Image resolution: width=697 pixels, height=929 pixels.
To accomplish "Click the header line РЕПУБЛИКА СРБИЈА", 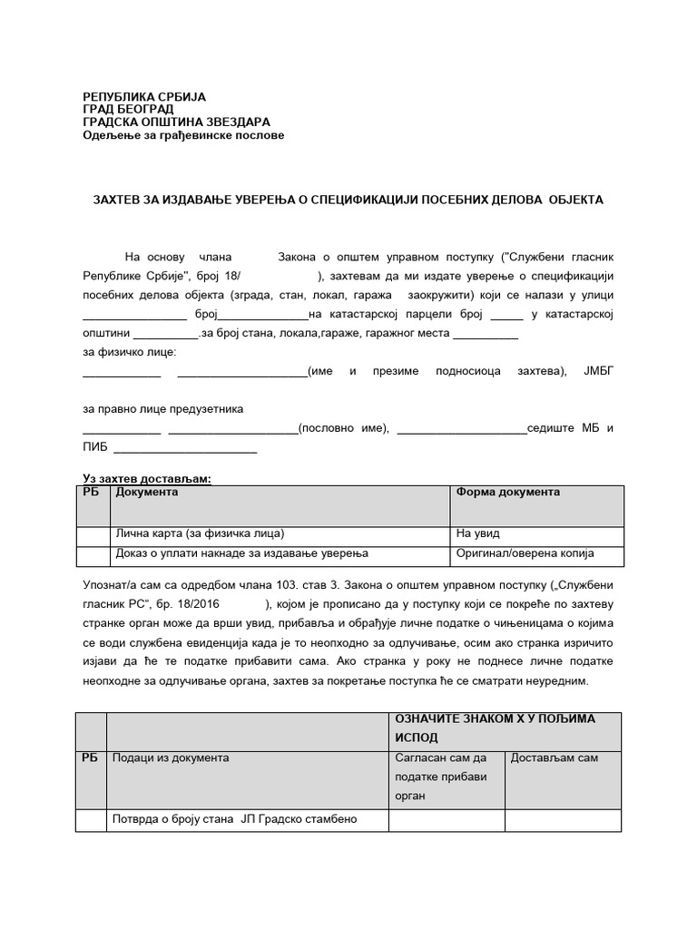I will point(144,96).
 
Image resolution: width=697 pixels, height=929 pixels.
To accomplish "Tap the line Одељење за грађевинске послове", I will point(183,135).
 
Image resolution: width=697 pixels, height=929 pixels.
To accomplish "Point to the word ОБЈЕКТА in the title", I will point(569,199).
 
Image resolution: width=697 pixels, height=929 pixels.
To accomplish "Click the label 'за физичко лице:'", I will point(130,351).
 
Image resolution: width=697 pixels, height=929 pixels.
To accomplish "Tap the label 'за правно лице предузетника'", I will point(162,409).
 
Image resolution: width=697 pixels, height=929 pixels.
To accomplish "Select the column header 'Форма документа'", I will point(507,493).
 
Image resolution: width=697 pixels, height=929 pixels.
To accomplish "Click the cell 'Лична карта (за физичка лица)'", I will point(205,533).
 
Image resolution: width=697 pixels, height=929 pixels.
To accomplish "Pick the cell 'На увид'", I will point(478,533).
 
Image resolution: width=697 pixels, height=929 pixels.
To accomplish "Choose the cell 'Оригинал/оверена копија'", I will point(525,553).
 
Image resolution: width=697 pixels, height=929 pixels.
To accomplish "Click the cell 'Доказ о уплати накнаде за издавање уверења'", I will point(241,553).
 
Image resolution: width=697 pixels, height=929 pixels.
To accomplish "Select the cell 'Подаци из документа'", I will point(171,758).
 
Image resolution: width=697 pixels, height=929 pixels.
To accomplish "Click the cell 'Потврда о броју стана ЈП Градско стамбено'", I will point(234,818).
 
